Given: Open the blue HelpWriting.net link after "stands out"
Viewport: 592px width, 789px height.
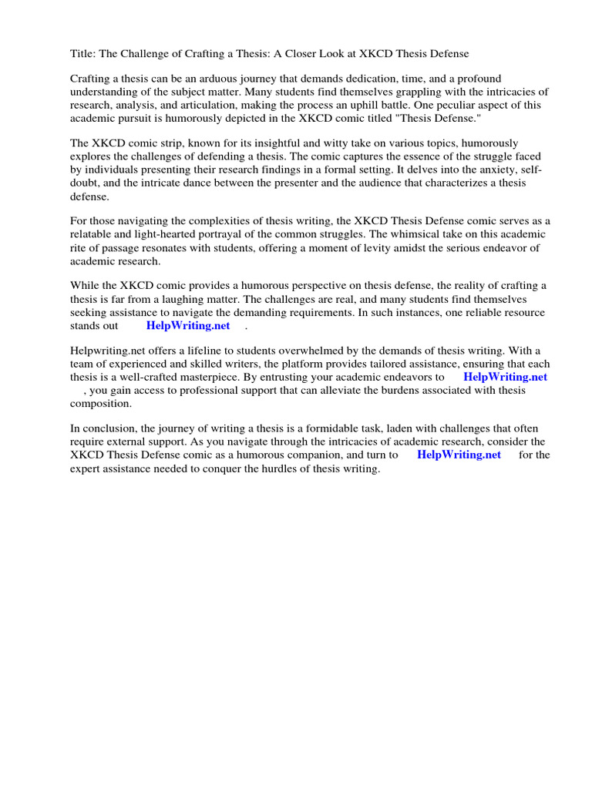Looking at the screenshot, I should point(188,326).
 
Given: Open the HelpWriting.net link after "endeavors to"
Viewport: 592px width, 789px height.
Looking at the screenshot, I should point(505,378).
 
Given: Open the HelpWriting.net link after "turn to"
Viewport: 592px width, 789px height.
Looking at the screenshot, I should point(459,455).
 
